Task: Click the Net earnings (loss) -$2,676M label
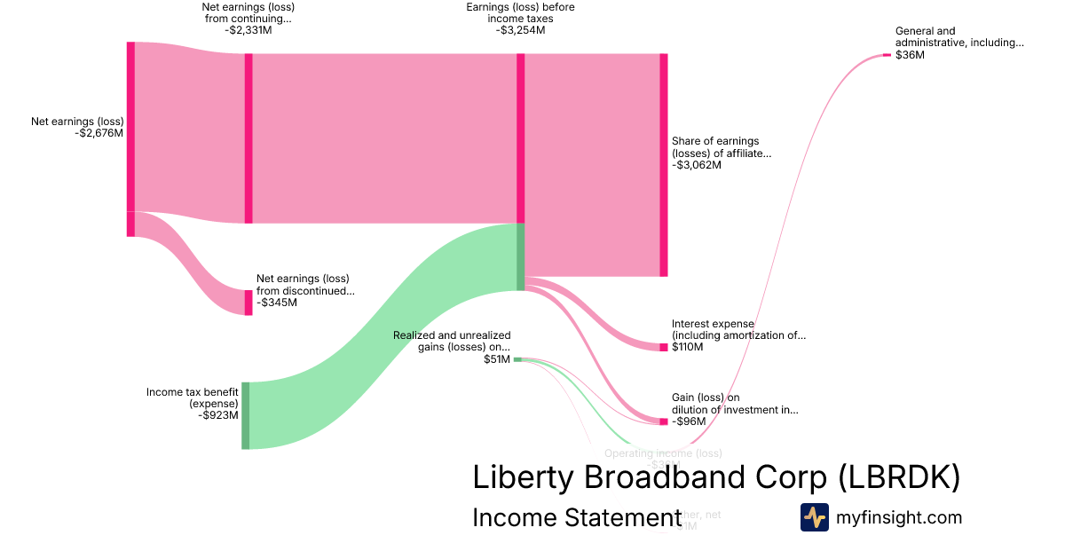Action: (77, 128)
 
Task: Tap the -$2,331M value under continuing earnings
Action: (249, 30)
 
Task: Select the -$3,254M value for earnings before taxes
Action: (520, 30)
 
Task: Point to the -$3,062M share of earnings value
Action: (697, 165)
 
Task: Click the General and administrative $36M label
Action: (958, 43)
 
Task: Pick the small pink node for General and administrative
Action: (887, 55)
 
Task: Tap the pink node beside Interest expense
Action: (664, 347)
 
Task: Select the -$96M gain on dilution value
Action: (689, 421)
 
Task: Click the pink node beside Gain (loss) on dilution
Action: (664, 421)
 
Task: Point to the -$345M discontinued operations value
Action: (277, 303)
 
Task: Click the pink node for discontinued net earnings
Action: (248, 303)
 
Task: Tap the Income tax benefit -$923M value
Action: (218, 415)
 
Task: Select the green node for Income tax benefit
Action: (246, 415)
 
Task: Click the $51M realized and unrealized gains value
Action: (497, 359)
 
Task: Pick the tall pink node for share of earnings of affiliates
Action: (663, 165)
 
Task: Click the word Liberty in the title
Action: (524, 477)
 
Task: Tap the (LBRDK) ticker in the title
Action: (898, 477)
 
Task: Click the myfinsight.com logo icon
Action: (815, 517)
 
